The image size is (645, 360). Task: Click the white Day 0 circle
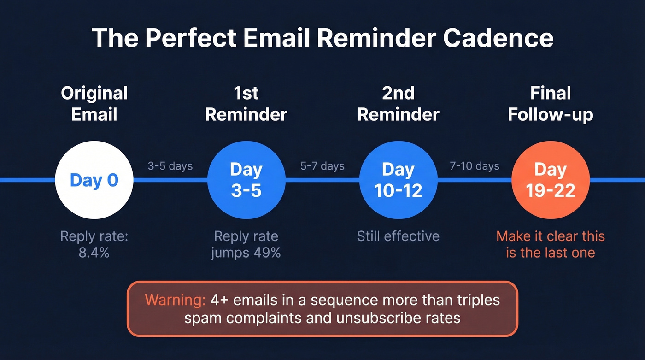point(94,180)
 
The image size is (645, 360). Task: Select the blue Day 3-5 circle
point(246,180)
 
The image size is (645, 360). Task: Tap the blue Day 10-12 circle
point(398,180)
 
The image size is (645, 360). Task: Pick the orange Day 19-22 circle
point(551,180)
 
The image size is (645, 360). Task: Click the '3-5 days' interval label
point(170,166)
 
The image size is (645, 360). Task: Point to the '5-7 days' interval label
point(322,166)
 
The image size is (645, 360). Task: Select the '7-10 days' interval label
point(475,166)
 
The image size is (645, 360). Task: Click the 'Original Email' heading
point(94,104)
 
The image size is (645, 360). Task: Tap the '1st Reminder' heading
point(246,104)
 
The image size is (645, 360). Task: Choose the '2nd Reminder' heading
point(398,104)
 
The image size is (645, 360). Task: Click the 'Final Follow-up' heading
point(551,104)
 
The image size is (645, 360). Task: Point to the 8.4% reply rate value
point(94,253)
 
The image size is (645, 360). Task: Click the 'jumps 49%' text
point(246,253)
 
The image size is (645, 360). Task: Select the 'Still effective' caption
point(398,236)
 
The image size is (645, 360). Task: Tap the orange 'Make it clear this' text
point(551,236)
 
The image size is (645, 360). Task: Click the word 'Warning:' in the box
point(175,300)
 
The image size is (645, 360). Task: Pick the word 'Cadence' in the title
point(498,38)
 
